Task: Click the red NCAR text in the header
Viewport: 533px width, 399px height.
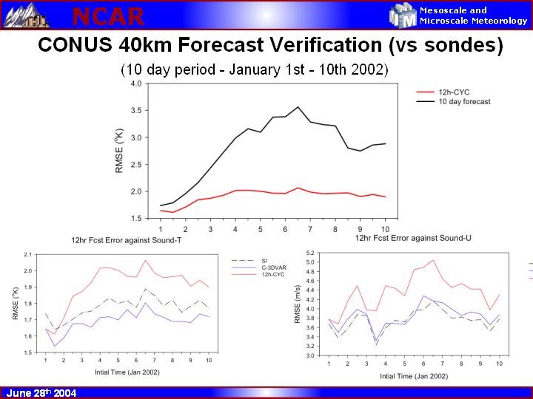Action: pyautogui.click(x=108, y=16)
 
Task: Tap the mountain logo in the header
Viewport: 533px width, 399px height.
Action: pyautogui.click(x=21, y=15)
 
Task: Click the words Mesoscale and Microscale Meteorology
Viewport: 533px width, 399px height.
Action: pyautogui.click(x=473, y=16)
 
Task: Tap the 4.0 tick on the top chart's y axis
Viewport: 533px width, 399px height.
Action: pyautogui.click(x=135, y=83)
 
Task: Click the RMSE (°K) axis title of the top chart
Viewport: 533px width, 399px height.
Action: pyautogui.click(x=119, y=151)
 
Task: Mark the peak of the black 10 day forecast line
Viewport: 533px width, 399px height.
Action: pyautogui.click(x=298, y=107)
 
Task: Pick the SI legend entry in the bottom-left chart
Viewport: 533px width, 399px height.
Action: pyautogui.click(x=264, y=261)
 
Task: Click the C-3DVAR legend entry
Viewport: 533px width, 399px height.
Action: pyautogui.click(x=274, y=268)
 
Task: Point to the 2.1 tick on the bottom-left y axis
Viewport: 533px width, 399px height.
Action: pyautogui.click(x=28, y=254)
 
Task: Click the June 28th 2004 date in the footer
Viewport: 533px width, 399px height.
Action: pyautogui.click(x=41, y=393)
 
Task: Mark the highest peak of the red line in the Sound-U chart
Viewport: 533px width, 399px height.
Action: pyautogui.click(x=432, y=260)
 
